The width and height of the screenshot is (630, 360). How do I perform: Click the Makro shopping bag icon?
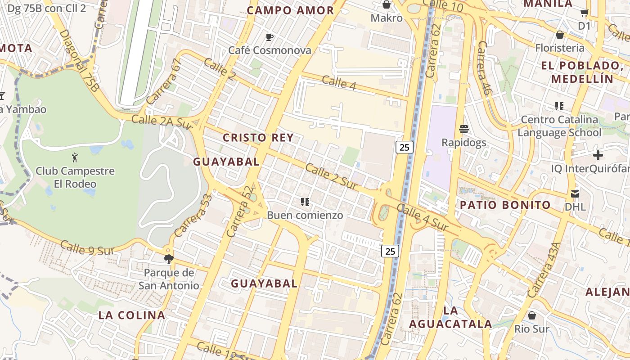point(386,4)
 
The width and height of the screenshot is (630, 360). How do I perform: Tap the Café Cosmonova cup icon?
point(270,37)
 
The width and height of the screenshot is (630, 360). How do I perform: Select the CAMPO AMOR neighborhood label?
point(291,10)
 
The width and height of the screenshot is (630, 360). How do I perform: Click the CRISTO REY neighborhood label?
point(258,138)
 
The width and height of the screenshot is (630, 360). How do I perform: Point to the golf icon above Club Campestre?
point(75,157)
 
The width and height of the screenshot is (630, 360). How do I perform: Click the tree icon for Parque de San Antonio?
point(169,259)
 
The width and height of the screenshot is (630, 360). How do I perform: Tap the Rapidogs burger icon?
point(464,129)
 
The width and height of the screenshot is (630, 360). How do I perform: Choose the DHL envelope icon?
point(575,194)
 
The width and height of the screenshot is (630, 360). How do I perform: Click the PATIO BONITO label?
point(505,205)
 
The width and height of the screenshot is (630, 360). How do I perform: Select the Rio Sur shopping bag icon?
point(532,315)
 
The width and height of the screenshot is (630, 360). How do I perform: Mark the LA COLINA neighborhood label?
point(132,315)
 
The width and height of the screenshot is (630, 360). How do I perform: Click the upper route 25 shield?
point(405,147)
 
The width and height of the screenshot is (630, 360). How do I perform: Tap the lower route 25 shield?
point(390,251)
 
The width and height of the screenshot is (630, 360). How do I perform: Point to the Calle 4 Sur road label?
point(423,218)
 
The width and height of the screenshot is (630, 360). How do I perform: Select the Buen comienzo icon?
point(305,202)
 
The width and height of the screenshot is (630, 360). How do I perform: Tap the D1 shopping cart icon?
point(584,13)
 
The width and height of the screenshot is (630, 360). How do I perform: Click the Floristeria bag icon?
point(560,35)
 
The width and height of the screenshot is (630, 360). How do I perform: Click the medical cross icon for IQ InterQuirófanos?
point(598,156)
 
